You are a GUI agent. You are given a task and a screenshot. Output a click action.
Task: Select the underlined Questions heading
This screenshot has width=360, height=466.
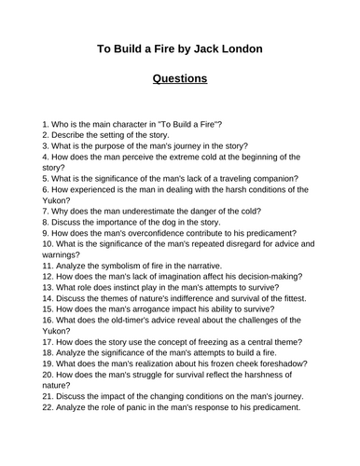[180, 78]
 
